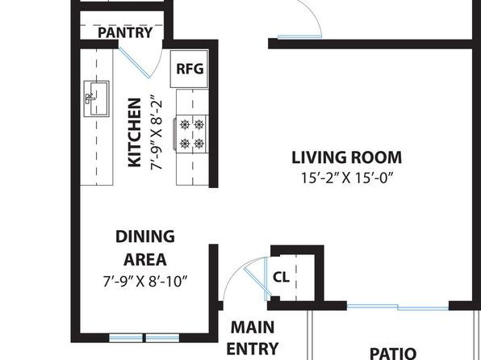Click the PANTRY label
point(125,32)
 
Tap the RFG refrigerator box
point(190,69)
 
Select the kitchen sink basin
point(97,98)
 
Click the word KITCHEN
point(134,132)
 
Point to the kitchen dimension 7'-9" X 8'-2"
point(156,135)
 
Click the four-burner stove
point(191,134)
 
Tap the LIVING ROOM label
point(346,157)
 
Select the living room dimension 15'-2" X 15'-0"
point(347,178)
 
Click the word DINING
point(145,237)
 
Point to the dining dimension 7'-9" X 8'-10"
point(144,281)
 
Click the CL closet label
point(281,278)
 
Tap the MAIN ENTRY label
point(253,338)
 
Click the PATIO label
point(393,353)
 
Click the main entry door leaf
point(257,281)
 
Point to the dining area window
point(144,338)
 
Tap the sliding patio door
point(398,307)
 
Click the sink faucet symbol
point(90,98)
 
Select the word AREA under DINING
point(145,260)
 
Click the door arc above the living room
point(310,15)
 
